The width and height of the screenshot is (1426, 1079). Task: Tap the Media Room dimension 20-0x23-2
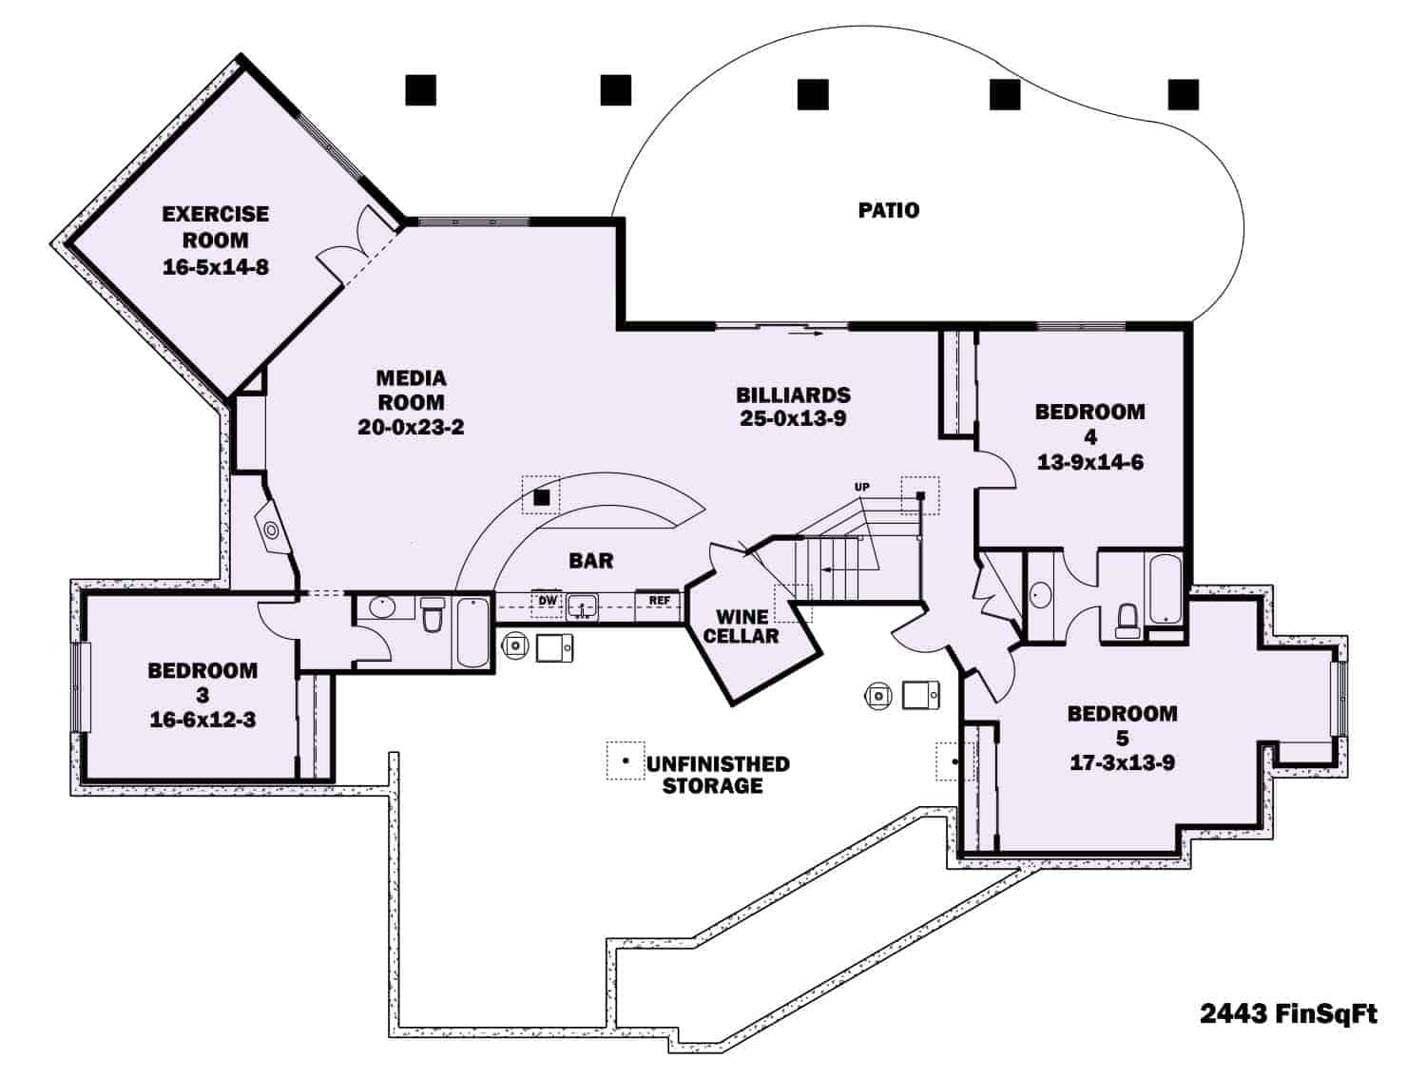[411, 428]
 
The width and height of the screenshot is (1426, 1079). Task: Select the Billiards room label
[793, 395]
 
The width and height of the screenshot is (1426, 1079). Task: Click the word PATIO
[889, 210]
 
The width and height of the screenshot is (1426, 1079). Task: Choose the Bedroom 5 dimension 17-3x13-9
[1122, 762]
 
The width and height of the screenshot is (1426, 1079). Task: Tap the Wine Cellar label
[742, 626]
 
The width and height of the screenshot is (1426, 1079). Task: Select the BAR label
[591, 561]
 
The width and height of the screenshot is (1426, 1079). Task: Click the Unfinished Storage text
[717, 775]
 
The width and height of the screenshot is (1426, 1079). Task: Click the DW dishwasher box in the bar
[548, 601]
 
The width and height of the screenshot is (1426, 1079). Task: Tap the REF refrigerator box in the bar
[659, 601]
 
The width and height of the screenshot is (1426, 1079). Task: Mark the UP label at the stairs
[861, 488]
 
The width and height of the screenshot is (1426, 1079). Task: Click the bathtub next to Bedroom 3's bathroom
[472, 631]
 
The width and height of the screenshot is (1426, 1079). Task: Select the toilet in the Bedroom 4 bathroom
[1128, 620]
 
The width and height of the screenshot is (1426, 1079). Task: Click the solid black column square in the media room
[541, 496]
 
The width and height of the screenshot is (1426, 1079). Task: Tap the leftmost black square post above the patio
[420, 89]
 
